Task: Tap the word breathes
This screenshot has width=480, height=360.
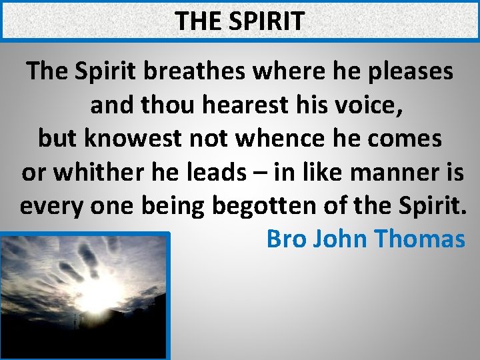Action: point(203,71)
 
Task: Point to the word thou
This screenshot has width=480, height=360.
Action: point(161,105)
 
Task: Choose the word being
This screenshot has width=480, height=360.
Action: point(175,205)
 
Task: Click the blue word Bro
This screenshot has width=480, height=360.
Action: point(285,239)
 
